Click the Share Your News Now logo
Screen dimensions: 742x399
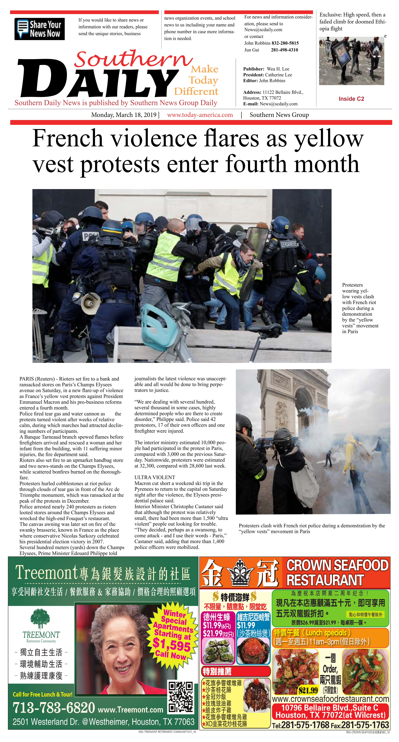click(x=39, y=29)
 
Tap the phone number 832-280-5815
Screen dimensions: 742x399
click(x=285, y=43)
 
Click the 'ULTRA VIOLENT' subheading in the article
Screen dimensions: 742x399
click(x=154, y=477)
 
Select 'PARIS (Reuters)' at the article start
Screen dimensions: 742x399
click(x=37, y=379)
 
